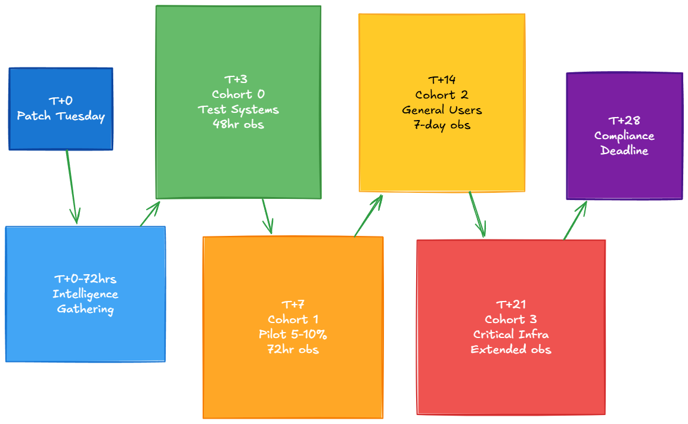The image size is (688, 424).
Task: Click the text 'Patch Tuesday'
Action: (61, 116)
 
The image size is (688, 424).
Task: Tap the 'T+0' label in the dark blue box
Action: (61, 101)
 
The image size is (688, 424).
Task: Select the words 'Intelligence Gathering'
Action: (85, 302)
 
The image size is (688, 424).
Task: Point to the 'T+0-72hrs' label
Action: (85, 279)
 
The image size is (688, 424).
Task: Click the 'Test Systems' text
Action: (238, 109)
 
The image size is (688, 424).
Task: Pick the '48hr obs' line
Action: (238, 124)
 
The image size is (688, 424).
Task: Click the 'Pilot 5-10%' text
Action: (293, 334)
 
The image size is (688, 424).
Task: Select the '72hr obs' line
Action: (293, 349)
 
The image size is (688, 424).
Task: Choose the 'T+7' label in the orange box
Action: (293, 304)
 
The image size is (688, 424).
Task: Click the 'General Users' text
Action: (442, 110)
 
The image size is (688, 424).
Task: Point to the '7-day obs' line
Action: (442, 125)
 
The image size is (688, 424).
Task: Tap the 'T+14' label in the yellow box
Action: (442, 79)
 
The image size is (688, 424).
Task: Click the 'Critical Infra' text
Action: (511, 334)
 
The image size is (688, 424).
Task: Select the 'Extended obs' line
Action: (511, 349)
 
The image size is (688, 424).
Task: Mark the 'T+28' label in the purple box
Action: (624, 121)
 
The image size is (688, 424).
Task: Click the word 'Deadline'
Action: (624, 150)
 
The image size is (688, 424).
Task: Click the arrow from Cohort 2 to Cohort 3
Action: (477, 214)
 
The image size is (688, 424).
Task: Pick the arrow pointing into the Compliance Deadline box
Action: (575, 220)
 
